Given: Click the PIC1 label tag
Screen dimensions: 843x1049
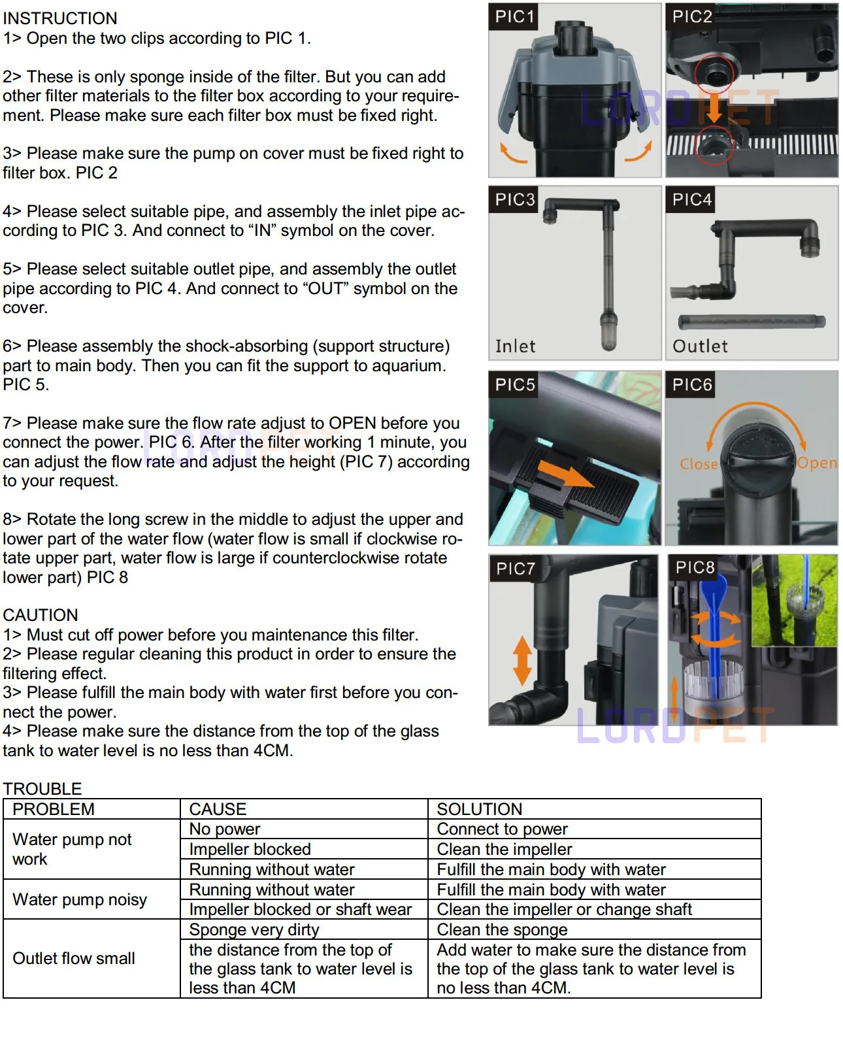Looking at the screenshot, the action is (514, 16).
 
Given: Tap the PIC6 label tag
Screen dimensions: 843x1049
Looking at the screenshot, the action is (691, 384).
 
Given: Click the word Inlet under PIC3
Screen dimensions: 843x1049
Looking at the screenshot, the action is (516, 346).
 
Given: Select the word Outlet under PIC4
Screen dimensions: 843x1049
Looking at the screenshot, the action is (700, 346).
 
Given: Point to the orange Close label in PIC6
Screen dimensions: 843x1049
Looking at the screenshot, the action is (699, 463).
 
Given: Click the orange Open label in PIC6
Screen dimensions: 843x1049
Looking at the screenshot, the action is (817, 463).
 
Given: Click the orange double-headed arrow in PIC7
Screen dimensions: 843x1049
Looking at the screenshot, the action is (523, 661).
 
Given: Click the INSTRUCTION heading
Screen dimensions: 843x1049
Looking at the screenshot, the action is (60, 18).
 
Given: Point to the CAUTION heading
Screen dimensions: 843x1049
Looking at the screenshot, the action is (41, 615).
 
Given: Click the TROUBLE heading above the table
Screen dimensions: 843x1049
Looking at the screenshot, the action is (42, 789).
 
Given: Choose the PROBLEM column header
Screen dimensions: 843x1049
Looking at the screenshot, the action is (54, 809).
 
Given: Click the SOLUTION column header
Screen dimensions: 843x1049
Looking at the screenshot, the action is (479, 809).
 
